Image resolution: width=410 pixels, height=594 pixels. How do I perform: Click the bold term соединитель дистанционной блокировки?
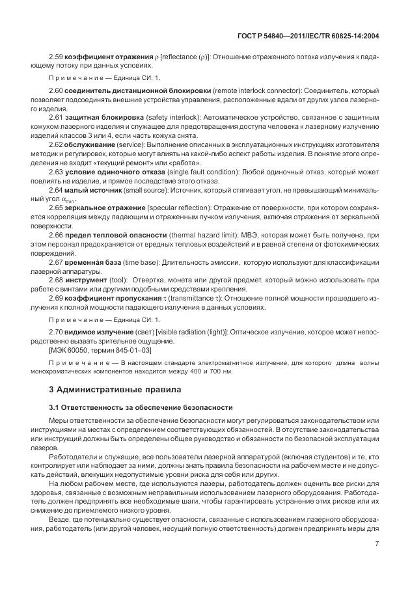[x=128, y=89]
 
